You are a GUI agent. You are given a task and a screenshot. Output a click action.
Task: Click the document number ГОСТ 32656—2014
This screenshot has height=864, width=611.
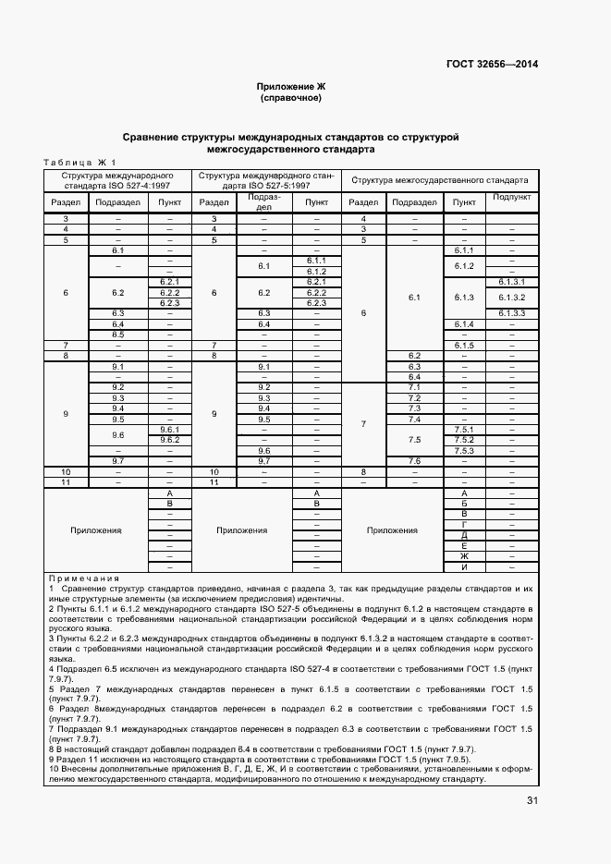494,64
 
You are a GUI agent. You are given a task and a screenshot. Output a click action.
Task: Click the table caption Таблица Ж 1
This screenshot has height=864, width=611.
75,163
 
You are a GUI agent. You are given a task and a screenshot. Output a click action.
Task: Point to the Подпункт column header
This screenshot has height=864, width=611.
511,197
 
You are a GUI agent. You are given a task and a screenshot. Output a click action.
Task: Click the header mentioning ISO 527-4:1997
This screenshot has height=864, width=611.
117,179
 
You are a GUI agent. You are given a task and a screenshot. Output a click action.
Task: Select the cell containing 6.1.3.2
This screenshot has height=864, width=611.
511,297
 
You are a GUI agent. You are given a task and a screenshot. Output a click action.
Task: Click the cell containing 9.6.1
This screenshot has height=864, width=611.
169,429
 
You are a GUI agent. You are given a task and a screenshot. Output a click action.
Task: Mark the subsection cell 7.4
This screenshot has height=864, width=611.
414,419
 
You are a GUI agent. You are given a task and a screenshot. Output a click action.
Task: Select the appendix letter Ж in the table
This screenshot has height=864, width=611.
463,556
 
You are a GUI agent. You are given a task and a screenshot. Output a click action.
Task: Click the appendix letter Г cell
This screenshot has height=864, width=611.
463,525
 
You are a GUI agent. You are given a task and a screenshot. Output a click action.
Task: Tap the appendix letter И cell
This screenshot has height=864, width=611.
463,566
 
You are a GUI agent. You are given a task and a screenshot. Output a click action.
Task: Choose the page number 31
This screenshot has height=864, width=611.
532,800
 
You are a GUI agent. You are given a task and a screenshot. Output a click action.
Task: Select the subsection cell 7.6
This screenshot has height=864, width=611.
414,460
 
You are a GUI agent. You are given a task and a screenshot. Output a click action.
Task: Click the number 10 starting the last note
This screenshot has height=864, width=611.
55,768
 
